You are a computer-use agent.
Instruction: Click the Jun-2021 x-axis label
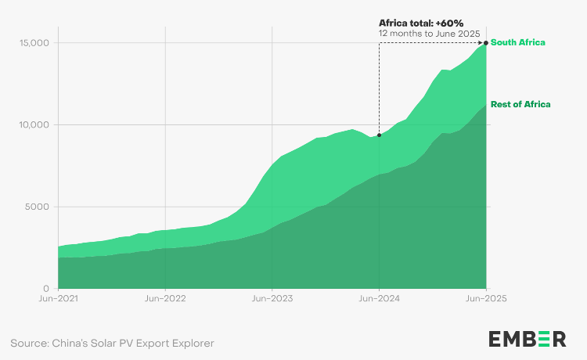coord(57,298)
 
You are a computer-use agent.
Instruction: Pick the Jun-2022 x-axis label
coord(164,298)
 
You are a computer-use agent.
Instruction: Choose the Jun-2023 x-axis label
coord(272,298)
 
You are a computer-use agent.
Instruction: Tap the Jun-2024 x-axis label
coord(379,298)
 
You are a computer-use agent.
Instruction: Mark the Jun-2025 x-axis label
coord(486,298)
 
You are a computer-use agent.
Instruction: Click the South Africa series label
coord(517,42)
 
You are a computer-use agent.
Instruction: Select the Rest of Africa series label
coord(520,104)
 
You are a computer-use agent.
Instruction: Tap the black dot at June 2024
coord(380,135)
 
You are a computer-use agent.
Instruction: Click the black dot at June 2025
coord(486,43)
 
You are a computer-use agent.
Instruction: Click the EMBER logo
coord(527,339)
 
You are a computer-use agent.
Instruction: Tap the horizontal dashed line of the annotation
coord(430,43)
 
